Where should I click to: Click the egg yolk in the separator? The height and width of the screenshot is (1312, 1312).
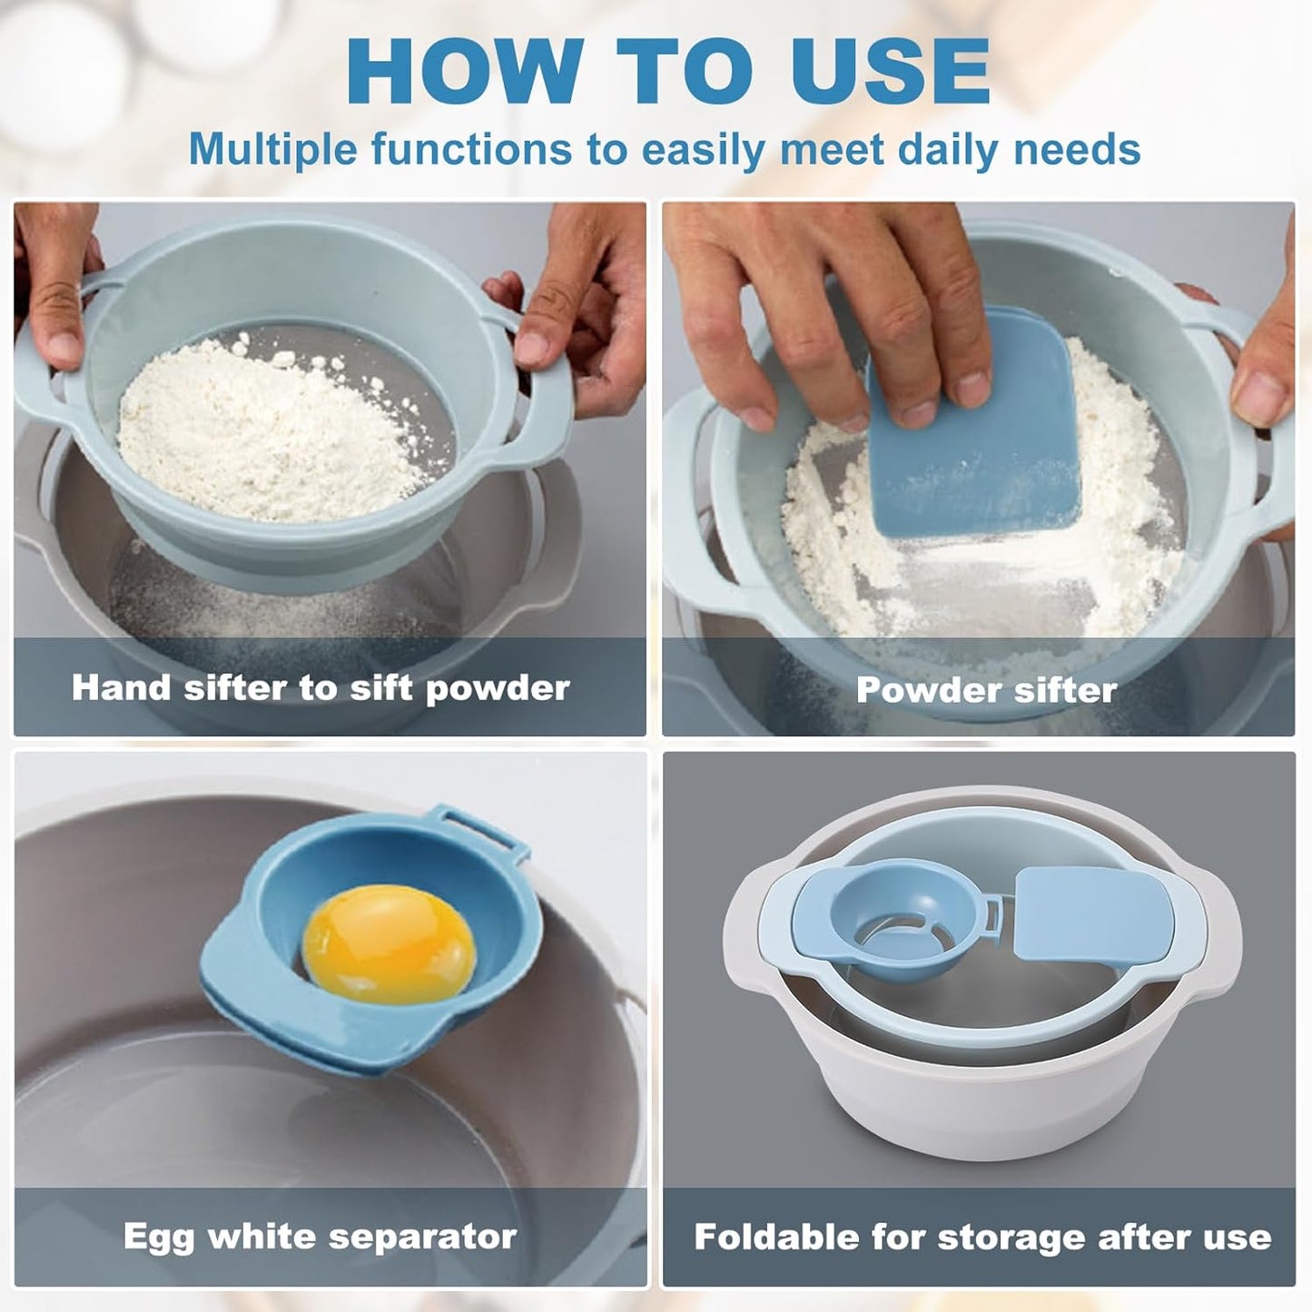click(389, 945)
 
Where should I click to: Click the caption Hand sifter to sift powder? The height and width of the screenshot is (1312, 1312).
click(321, 688)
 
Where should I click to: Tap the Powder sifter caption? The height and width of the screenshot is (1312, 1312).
click(986, 691)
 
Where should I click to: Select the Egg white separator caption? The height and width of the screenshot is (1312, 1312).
click(321, 1237)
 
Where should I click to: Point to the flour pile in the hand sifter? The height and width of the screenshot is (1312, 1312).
click(272, 427)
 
